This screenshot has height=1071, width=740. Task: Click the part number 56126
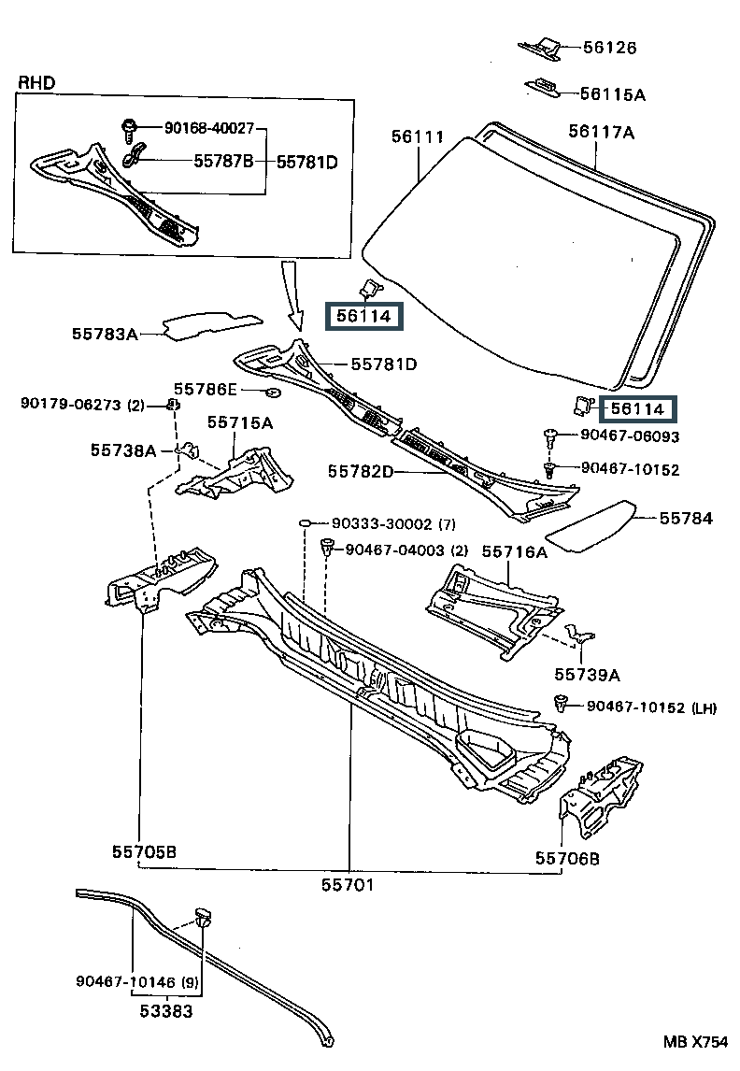pos(610,48)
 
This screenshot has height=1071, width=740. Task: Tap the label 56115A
pos(612,93)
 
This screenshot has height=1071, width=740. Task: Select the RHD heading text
pos(36,83)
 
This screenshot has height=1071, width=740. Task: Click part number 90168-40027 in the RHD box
pos(209,129)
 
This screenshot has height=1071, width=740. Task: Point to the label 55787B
pos(223,162)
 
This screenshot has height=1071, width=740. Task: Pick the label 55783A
pos(104,333)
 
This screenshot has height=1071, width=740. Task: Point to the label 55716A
pos(514,552)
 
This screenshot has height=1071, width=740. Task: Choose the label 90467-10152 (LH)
pos(651,707)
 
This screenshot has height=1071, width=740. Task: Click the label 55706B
pos(567,857)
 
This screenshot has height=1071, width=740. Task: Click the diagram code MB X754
pos(695,1041)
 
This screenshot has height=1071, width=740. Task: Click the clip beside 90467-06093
pos(550,435)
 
